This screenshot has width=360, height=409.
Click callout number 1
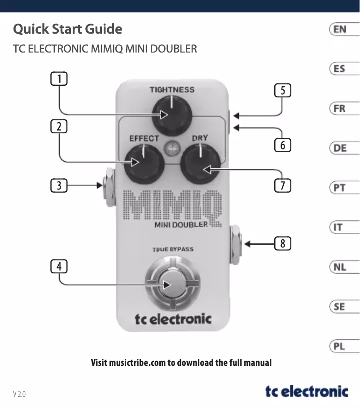pyautogui.click(x=59, y=79)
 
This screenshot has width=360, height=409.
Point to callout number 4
pyautogui.click(x=59, y=266)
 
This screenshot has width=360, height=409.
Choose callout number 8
pyautogui.click(x=282, y=243)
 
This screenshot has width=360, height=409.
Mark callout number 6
pyautogui.click(x=282, y=145)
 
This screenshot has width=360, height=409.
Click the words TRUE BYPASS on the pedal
pyautogui.click(x=173, y=249)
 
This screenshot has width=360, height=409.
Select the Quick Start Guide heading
pyautogui.click(x=68, y=29)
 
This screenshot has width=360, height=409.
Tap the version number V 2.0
pyautogui.click(x=19, y=394)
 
